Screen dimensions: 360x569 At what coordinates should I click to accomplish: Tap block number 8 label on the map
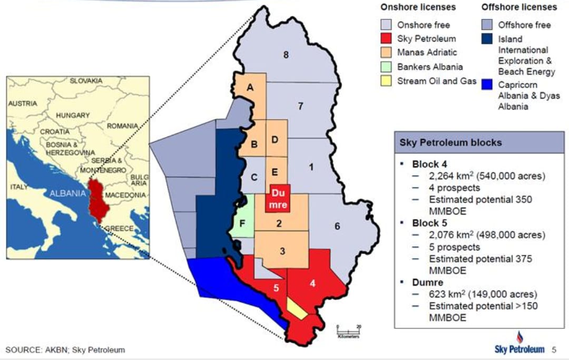click(x=286, y=54)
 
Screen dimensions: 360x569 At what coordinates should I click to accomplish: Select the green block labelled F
click(x=242, y=222)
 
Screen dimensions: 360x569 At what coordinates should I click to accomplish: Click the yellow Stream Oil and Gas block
click(x=297, y=309)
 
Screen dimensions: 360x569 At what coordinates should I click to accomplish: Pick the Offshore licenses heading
click(x=519, y=7)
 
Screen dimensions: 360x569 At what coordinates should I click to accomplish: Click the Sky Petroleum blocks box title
click(x=450, y=142)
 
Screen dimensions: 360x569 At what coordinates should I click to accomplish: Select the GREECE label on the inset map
click(x=120, y=228)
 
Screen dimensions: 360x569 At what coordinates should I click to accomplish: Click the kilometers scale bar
click(x=348, y=330)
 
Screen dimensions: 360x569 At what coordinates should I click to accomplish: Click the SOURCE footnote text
click(x=65, y=349)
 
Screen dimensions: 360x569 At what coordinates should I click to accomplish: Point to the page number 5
click(x=554, y=349)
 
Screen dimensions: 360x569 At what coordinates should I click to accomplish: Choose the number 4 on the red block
click(x=312, y=283)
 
